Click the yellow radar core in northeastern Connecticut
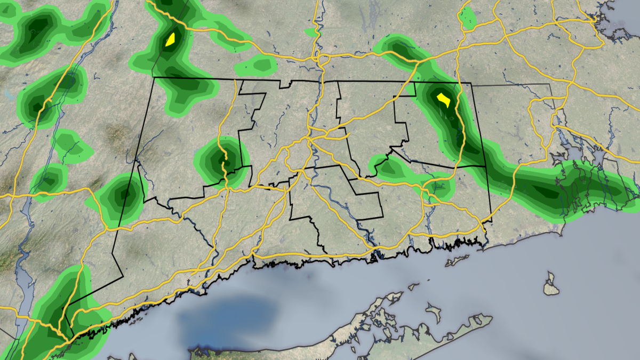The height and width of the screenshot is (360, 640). click(444, 100)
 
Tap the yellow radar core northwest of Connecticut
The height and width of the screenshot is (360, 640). click(170, 39)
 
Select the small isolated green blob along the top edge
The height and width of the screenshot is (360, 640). click(467, 18)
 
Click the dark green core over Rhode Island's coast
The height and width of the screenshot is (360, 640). click(549, 192)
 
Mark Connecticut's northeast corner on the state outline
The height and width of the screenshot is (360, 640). click(471, 83)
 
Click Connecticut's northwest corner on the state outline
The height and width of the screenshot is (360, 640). click(154, 78)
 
